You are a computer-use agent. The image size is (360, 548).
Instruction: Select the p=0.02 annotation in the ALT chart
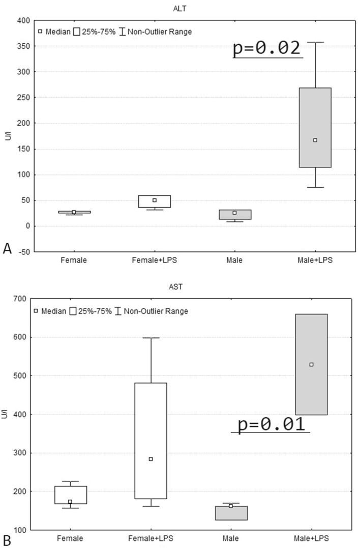point(267,48)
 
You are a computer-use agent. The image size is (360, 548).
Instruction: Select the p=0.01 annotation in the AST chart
point(271,424)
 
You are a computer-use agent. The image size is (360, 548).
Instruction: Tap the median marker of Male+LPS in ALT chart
point(315,140)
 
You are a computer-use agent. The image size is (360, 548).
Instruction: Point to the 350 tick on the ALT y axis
point(21,46)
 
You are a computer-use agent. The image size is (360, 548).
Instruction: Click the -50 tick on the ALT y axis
point(22,252)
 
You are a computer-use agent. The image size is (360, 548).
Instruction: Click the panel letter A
point(7,248)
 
